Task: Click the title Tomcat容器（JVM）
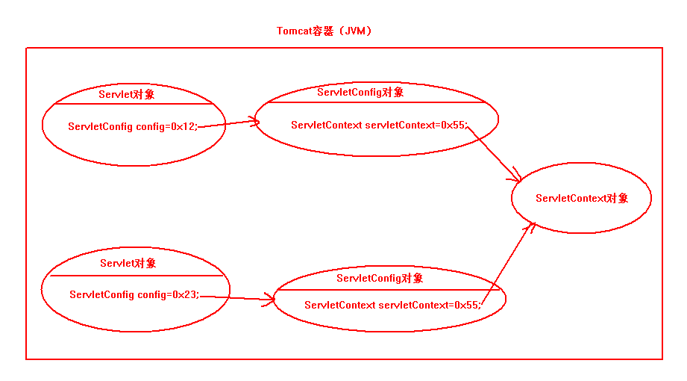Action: click(x=324, y=31)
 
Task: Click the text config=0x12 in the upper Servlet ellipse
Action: click(x=167, y=127)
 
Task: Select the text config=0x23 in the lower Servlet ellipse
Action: click(x=169, y=294)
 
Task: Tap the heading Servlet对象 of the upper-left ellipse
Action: click(x=127, y=95)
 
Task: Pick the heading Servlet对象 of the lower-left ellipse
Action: click(x=128, y=263)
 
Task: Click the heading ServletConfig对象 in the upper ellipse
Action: click(x=360, y=92)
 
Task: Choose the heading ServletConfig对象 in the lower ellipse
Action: click(x=380, y=278)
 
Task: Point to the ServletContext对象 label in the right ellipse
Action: click(x=582, y=198)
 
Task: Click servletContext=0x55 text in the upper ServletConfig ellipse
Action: click(x=415, y=125)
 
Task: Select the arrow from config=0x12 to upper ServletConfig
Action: click(x=228, y=123)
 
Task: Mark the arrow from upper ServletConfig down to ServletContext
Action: click(x=494, y=153)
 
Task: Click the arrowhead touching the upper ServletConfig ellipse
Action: click(x=254, y=121)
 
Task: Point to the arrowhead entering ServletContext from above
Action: click(x=516, y=177)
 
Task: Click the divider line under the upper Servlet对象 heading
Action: click(x=127, y=104)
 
